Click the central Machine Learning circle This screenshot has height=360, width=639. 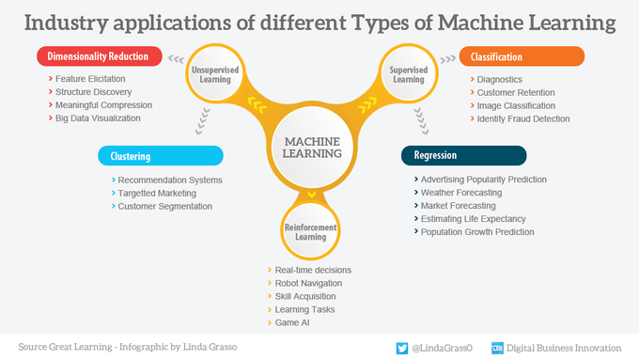tap(306, 148)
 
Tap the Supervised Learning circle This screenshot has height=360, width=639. tap(407, 74)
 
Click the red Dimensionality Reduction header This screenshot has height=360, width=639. tap(99, 56)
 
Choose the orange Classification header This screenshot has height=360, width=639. tap(522, 57)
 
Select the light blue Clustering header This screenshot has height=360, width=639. tap(160, 156)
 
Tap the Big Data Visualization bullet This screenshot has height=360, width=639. tap(98, 118)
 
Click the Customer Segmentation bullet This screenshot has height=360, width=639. tap(164, 206)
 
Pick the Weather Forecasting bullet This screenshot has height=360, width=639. tap(461, 192)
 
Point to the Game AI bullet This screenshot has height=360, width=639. tap(292, 322)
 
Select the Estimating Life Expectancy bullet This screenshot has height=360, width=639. tap(472, 218)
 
